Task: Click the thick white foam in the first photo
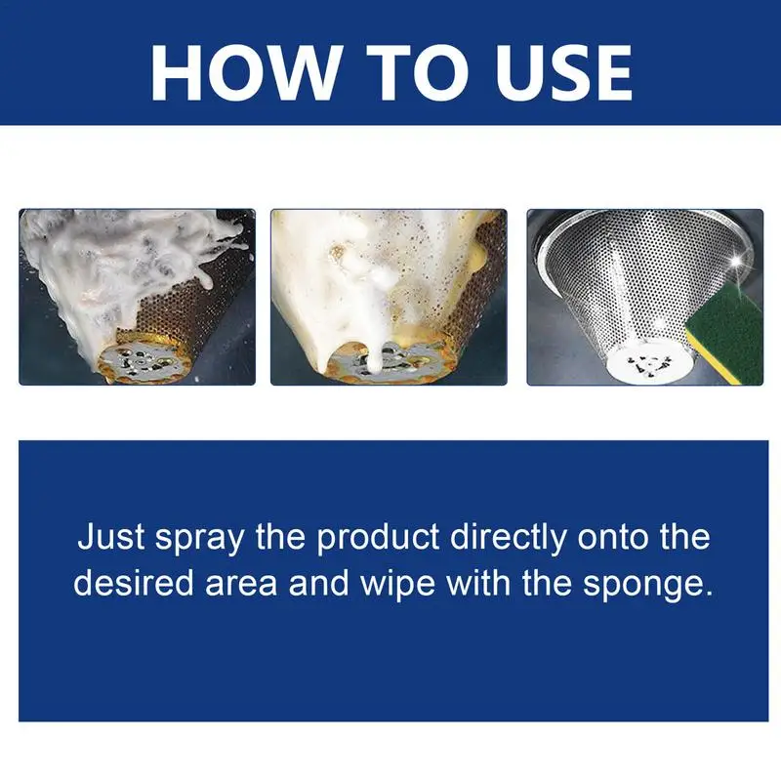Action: click(107, 254)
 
